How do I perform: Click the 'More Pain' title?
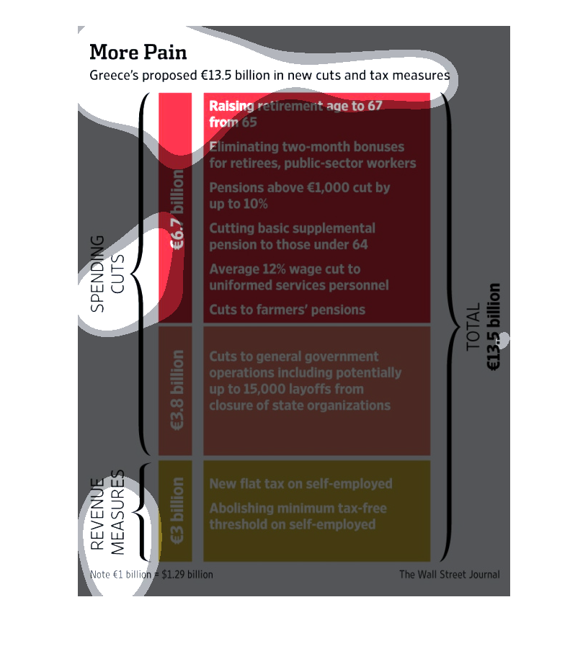(138, 53)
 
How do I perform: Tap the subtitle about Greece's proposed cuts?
(269, 76)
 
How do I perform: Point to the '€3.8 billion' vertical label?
(177, 390)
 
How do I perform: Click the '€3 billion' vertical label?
(177, 510)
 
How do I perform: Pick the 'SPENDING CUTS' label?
(107, 274)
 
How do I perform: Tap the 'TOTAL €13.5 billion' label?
(484, 328)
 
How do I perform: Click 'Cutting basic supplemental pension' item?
(292, 236)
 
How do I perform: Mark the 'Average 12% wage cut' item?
(299, 277)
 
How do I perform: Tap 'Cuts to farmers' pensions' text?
(287, 310)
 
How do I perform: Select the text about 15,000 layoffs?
(305, 381)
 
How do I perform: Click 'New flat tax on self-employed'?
(300, 484)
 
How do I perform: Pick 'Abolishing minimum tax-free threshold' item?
(298, 516)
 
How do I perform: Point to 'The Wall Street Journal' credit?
(449, 575)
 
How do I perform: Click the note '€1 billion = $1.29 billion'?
(152, 575)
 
